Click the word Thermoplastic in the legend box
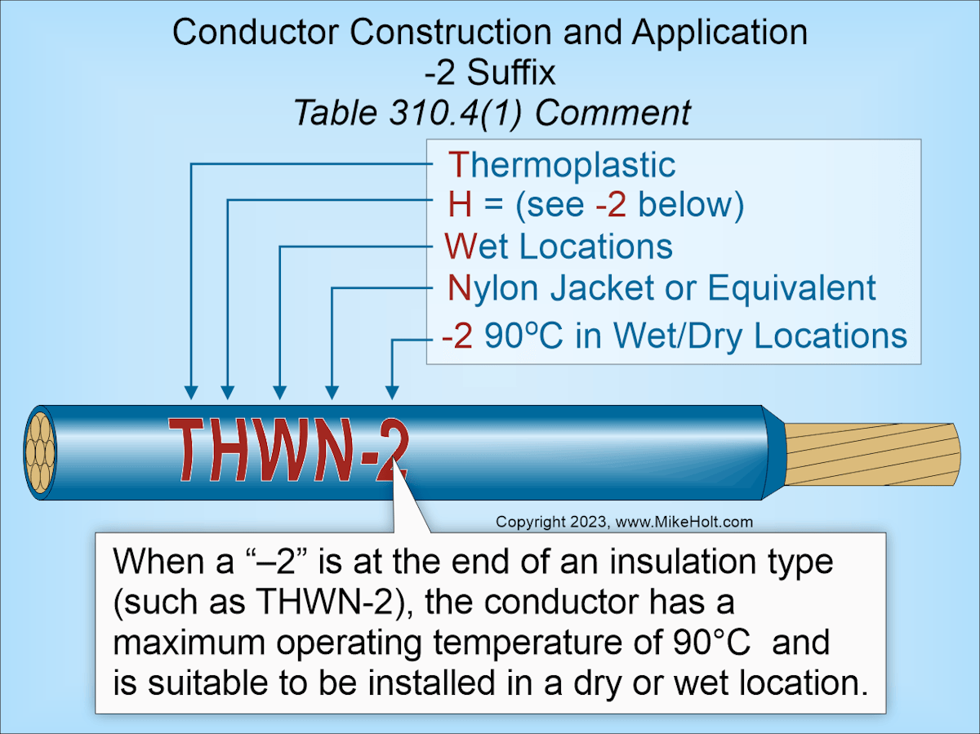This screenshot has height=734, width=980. click(562, 166)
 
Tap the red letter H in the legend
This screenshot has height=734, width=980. click(460, 205)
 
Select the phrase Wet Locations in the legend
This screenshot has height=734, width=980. click(559, 247)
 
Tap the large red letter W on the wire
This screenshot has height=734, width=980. click(283, 449)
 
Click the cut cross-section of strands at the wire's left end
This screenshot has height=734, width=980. click(39, 451)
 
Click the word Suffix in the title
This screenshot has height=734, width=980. click(511, 73)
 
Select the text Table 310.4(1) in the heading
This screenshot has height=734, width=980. click(407, 113)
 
